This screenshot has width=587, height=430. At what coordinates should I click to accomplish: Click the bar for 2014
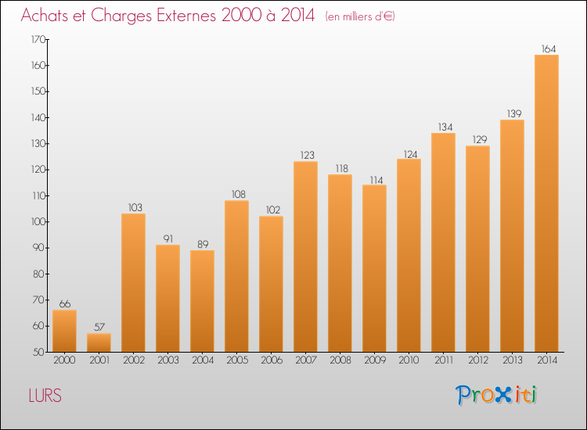tap(546, 203)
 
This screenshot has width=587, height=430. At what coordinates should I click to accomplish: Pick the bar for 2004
tap(202, 301)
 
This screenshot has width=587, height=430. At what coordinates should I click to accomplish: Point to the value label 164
tap(546, 48)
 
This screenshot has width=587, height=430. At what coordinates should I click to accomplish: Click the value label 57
tap(99, 328)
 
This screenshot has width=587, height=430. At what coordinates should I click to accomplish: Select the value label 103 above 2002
tap(133, 207)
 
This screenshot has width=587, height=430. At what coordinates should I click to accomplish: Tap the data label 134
tap(443, 127)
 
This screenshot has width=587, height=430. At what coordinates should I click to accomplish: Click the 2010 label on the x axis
tap(409, 360)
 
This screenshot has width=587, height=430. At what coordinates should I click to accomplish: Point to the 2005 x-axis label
tap(236, 360)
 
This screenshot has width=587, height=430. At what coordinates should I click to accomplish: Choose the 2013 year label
tap(512, 360)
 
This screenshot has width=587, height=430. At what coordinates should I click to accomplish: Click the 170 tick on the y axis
tap(38, 39)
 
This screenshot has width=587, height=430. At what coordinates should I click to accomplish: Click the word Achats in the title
tap(49, 16)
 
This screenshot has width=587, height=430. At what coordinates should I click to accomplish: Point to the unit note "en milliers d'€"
tap(360, 16)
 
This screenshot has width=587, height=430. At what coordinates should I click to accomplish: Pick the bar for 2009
tap(374, 268)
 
